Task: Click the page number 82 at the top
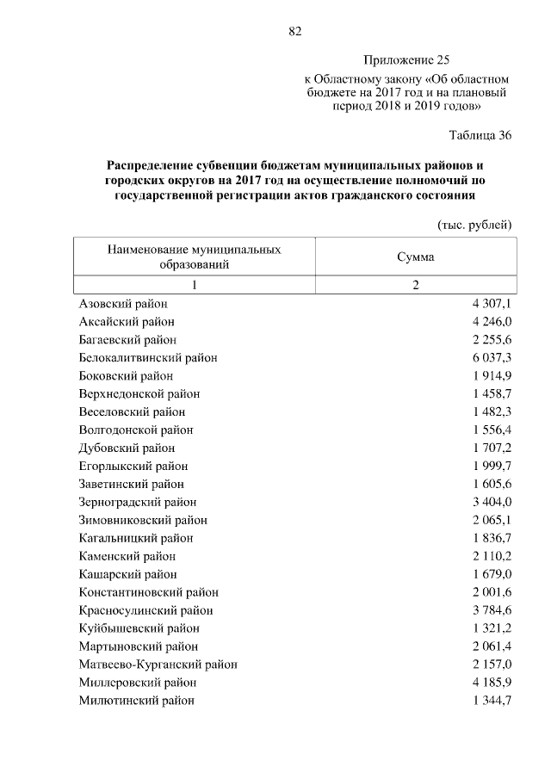coord(294,32)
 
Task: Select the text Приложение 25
coord(407,60)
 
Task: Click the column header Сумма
coord(416,257)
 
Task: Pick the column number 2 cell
coord(416,286)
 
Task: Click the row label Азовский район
coord(123,304)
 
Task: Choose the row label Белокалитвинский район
coord(147,358)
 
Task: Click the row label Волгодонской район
coord(136,430)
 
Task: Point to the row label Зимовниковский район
coord(143,520)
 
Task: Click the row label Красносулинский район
coord(145,610)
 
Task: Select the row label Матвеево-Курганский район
coord(158,665)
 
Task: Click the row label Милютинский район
coord(136,701)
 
